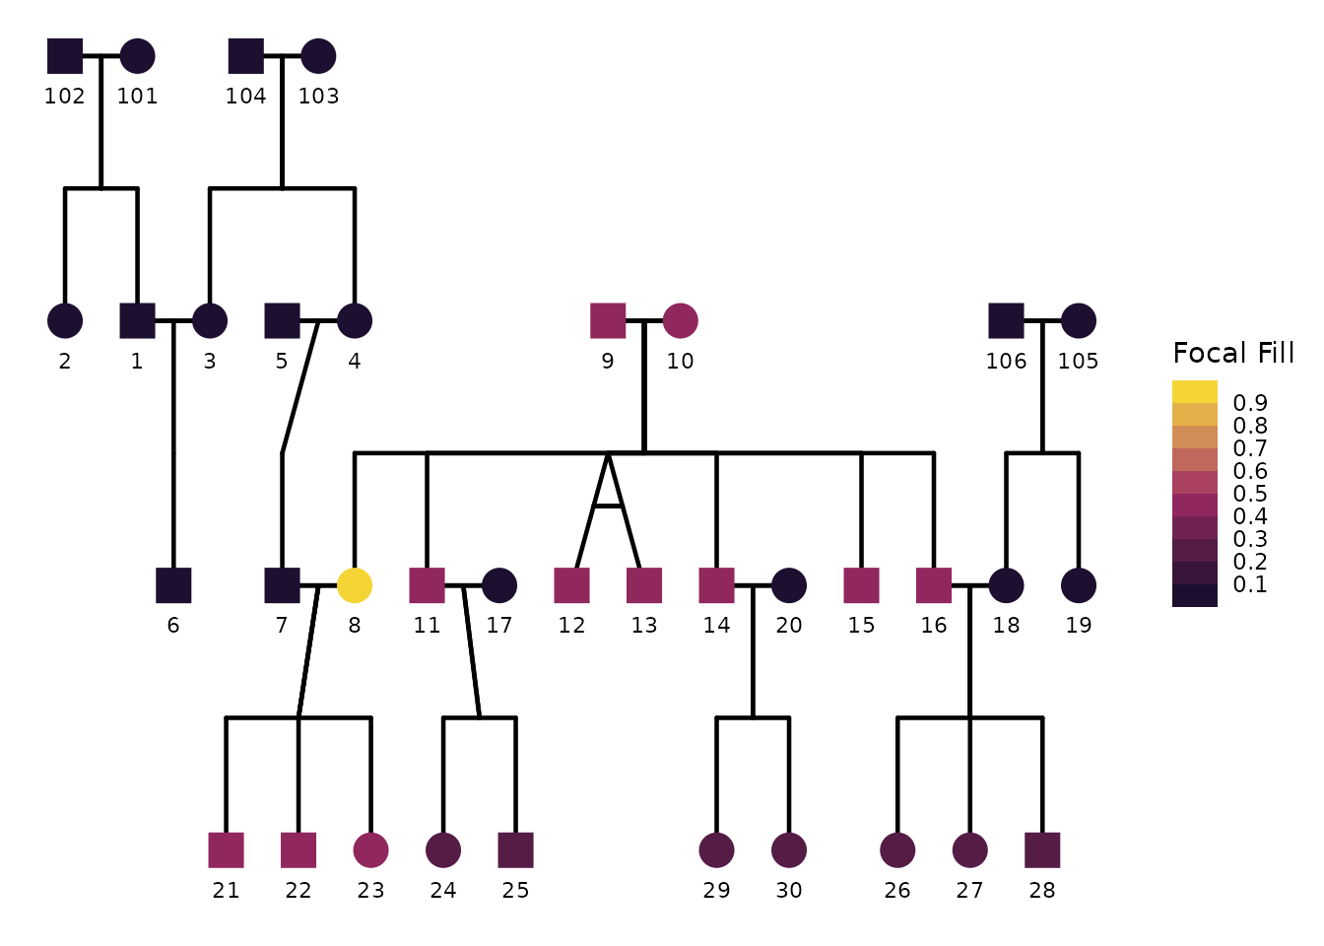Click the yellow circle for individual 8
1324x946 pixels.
355,585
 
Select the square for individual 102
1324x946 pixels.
65,56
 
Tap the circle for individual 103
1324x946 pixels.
318,56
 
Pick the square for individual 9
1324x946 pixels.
608,320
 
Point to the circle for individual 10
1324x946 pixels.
681,320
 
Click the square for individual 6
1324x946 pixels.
173,585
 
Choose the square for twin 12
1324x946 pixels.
571,585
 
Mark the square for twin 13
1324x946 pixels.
644,585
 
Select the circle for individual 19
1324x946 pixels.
1079,585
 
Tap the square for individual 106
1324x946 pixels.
1006,320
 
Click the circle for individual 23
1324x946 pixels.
370,849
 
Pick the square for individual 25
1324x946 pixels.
515,849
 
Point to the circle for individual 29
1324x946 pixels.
716,849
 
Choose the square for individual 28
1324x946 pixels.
1042,849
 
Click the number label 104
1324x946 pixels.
245,97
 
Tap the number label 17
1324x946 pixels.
499,626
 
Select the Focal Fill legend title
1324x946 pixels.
1233,354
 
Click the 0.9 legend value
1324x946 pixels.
1250,403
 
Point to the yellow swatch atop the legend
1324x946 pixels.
1195,391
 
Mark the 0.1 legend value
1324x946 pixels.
1250,584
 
